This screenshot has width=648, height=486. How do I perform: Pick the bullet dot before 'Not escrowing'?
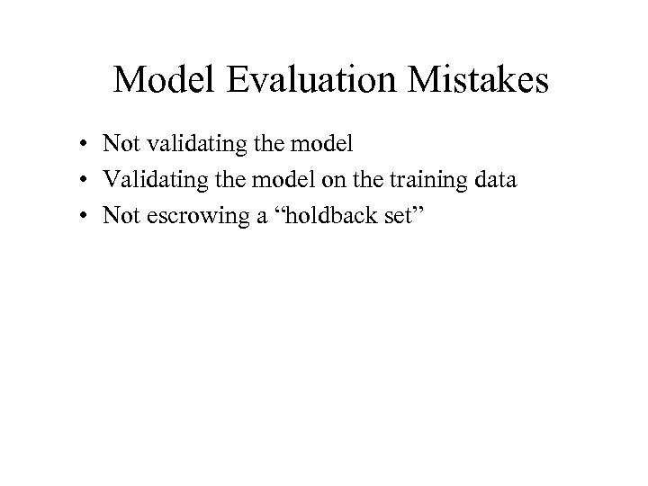point(82,215)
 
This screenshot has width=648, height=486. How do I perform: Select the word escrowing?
point(186,215)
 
